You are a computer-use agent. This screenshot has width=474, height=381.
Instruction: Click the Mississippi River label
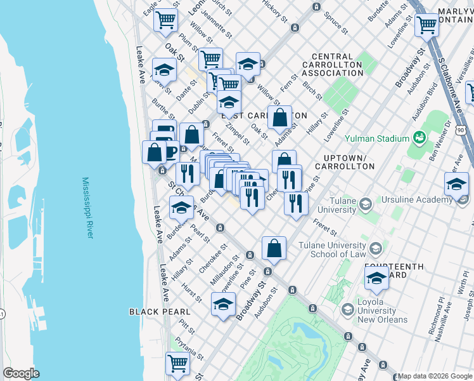[x=87, y=208]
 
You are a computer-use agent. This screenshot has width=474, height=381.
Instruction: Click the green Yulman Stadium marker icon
[x=419, y=137]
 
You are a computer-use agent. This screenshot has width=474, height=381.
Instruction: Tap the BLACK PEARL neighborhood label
[x=159, y=312]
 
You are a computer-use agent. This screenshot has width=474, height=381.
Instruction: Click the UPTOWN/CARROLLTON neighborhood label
[x=349, y=162]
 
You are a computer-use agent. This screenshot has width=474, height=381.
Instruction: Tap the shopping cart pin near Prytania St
[x=178, y=364]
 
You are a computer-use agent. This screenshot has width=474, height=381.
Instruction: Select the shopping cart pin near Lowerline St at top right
[x=427, y=24]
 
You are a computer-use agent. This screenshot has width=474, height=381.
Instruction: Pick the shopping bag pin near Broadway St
[x=274, y=248]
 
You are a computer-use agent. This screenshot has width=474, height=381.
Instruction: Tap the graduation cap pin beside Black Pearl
[x=223, y=304]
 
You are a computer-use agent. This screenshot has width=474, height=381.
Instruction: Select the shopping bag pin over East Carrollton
[x=279, y=117]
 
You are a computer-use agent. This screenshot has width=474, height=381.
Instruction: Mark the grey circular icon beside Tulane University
[x=364, y=204]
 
